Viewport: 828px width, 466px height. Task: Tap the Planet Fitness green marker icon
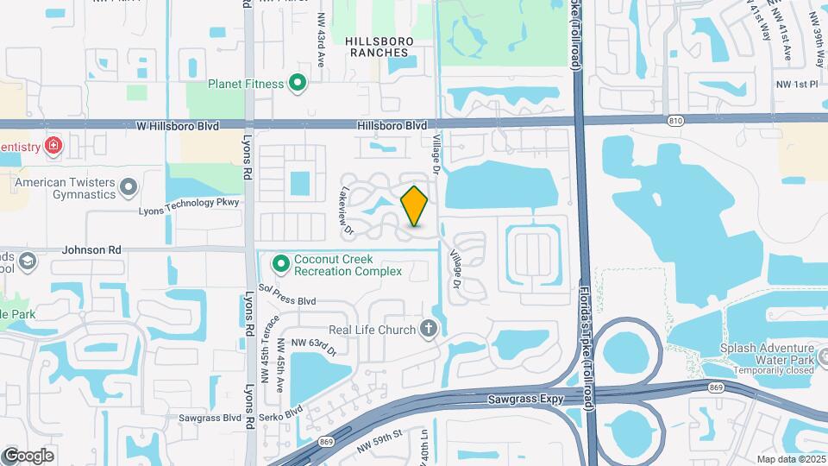pyautogui.click(x=298, y=84)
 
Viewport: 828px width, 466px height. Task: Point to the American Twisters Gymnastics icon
pyautogui.click(x=129, y=186)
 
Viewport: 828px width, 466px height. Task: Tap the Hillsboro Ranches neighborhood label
pyautogui.click(x=379, y=47)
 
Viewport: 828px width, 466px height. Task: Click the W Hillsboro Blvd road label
pyautogui.click(x=178, y=125)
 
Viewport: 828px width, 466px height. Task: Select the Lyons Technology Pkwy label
pyautogui.click(x=188, y=203)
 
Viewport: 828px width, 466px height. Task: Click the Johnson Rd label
pyautogui.click(x=90, y=250)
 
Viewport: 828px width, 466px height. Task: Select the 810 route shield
pyautogui.click(x=673, y=118)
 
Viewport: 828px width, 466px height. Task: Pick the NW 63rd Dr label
pyautogui.click(x=313, y=343)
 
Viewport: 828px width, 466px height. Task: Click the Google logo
pyautogui.click(x=28, y=455)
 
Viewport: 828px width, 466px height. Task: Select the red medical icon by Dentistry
pyautogui.click(x=53, y=145)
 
